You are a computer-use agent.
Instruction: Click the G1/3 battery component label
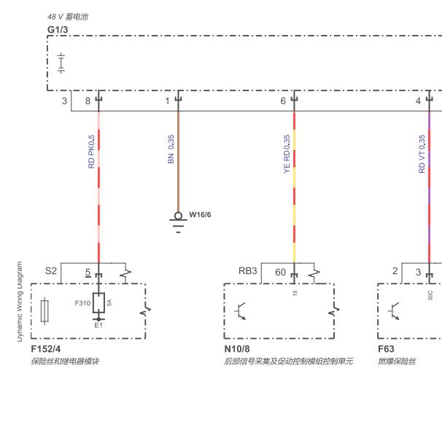point(58,30)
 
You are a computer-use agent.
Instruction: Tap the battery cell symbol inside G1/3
point(61,63)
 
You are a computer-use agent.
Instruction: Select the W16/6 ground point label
point(200,215)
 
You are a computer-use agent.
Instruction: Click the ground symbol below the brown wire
point(178,223)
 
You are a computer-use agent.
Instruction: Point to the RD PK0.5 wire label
point(91,152)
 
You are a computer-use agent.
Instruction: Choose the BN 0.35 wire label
point(171,149)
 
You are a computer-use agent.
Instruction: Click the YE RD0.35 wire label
point(287,154)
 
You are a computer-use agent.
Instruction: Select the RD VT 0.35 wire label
point(422,154)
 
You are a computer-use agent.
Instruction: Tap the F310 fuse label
point(82,303)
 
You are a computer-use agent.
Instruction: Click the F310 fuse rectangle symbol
point(98,303)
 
